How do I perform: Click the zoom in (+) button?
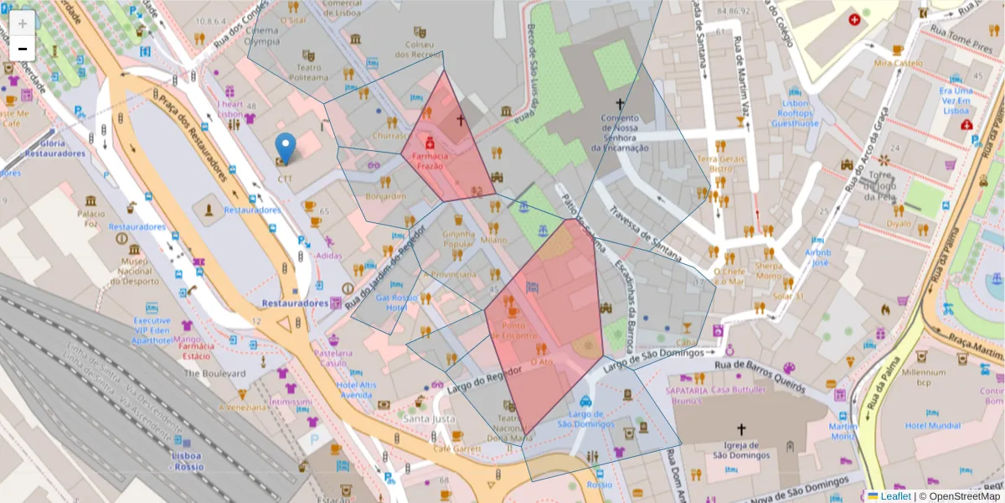click(x=23, y=23)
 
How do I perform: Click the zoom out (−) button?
click(x=23, y=49)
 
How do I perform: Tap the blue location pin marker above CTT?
click(x=286, y=148)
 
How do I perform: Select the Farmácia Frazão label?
click(x=429, y=161)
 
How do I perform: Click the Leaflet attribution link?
click(x=894, y=496)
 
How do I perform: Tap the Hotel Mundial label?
click(x=932, y=425)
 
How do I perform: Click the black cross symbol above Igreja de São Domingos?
click(x=740, y=428)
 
